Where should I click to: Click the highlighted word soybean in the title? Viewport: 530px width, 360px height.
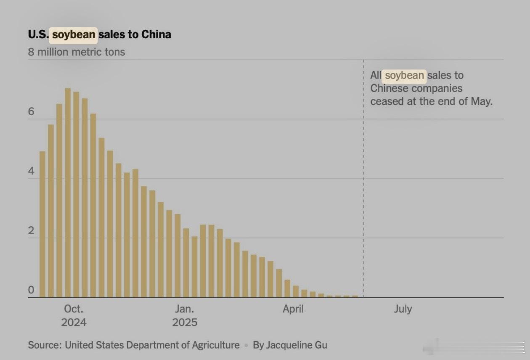click(74, 34)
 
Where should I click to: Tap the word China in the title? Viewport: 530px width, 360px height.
click(156, 34)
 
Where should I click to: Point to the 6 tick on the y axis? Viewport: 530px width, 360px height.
click(31, 112)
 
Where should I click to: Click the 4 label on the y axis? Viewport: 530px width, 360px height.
click(31, 172)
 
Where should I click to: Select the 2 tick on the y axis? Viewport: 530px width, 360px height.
click(31, 231)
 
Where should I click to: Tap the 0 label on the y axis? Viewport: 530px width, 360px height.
click(31, 290)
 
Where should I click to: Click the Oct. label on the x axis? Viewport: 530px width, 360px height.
click(74, 309)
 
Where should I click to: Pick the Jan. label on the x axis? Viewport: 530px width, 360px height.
click(185, 309)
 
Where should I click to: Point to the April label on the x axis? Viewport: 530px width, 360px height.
click(293, 309)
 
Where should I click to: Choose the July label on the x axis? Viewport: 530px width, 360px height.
click(403, 309)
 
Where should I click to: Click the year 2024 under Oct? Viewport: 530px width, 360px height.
click(74, 323)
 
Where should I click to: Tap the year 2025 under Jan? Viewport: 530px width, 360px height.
click(185, 323)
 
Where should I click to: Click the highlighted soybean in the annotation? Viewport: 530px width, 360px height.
click(404, 75)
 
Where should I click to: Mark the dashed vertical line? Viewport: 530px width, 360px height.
click(363, 189)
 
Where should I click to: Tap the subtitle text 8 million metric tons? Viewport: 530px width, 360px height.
click(77, 52)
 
